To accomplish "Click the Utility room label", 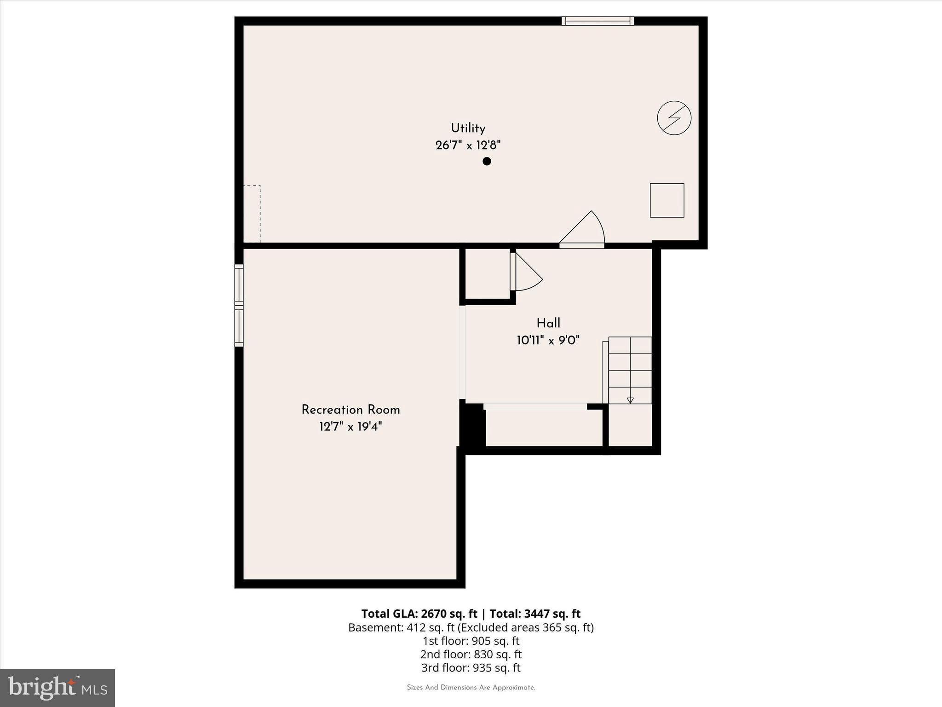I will coord(468,128).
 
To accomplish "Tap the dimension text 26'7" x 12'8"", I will coord(468,145).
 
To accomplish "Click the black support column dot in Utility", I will coord(487,161).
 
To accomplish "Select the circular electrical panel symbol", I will coord(674,118).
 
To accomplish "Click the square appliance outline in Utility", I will coord(666,200).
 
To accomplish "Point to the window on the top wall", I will coord(597,21).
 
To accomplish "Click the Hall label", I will coord(548,323).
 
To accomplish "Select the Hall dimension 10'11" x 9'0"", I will coord(548,341).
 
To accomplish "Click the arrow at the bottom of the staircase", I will coord(630,400).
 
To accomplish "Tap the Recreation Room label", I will coord(350,410).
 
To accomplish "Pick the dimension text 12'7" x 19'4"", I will coord(350,427).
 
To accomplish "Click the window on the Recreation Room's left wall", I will coord(239,305).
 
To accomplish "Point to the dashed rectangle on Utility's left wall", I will coord(252,214).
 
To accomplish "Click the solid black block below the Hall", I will coord(473,425).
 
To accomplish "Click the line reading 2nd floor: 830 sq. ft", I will coord(471,654).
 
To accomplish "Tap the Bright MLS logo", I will coord(57,688).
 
